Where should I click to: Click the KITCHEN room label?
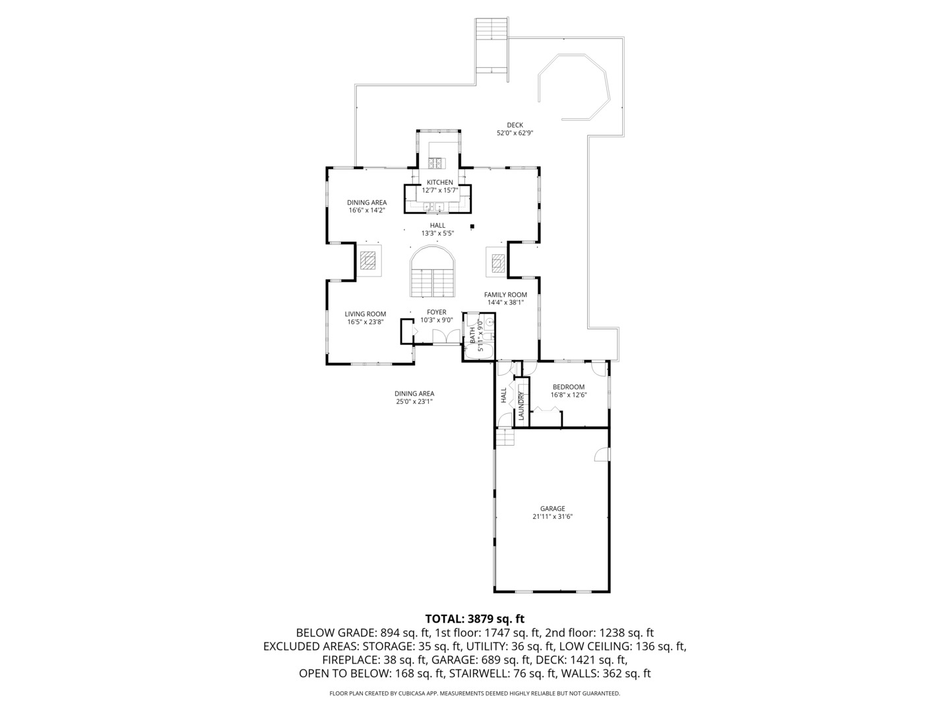[440, 182]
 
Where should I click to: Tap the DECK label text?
[515, 125]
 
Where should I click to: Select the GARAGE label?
[552, 508]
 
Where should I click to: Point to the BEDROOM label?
[568, 387]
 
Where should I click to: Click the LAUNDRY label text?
[521, 405]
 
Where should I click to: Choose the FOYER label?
[436, 312]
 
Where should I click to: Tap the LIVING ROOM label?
[365, 314]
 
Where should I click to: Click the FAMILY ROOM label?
[505, 295]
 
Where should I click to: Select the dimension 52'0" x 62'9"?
[515, 133]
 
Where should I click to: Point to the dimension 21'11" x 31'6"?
[552, 516]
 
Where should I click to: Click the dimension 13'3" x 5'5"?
[437, 233]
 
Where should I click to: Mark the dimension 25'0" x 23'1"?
[414, 401]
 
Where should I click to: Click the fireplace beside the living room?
[368, 261]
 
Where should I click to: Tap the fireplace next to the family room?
[497, 262]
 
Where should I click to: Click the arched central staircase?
[433, 271]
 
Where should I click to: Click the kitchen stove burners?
[436, 163]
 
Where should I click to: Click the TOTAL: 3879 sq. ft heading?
[475, 619]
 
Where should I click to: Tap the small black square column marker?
[472, 226]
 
